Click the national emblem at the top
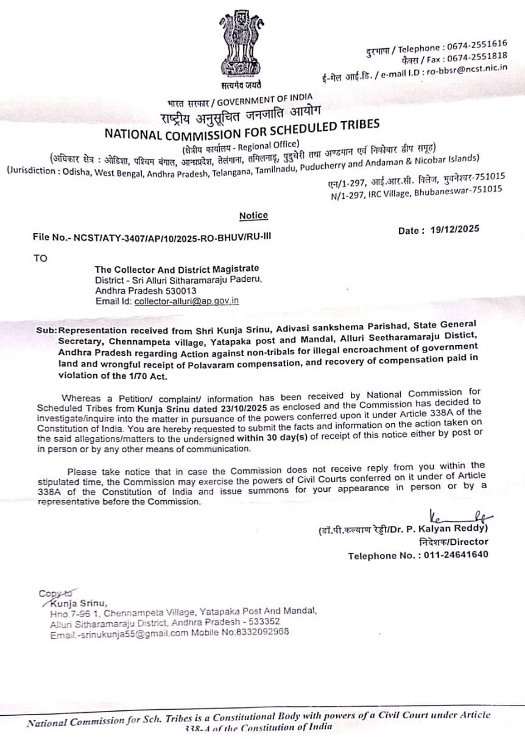[x=241, y=46]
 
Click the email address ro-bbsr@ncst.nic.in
[x=467, y=69]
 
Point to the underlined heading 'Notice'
[x=253, y=215]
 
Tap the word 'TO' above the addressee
[x=40, y=258]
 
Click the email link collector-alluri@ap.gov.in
[x=186, y=301]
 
